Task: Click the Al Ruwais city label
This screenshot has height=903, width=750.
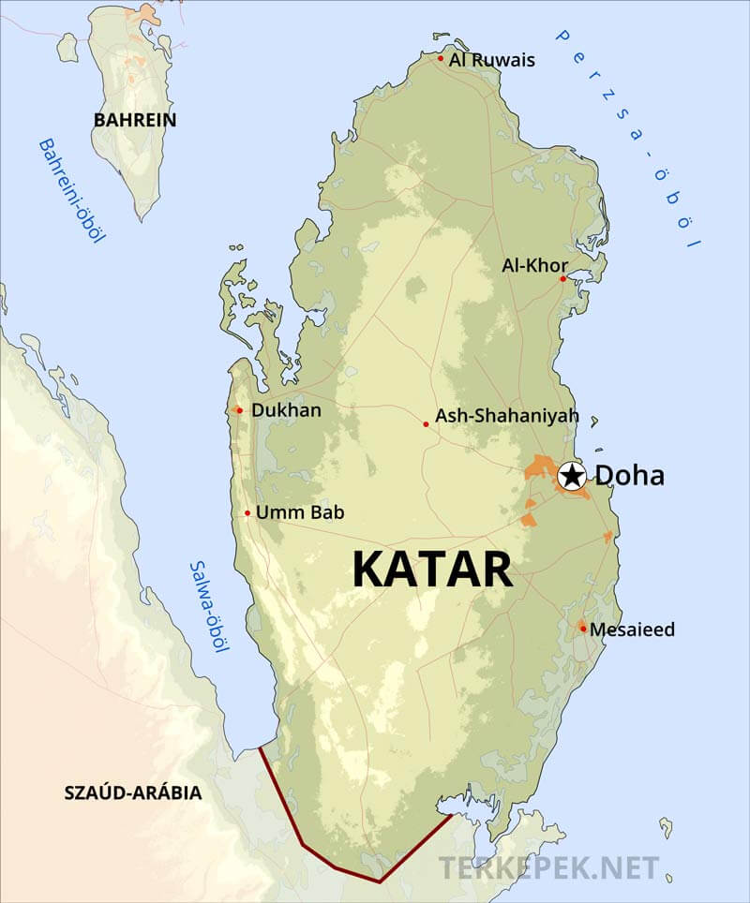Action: (492, 60)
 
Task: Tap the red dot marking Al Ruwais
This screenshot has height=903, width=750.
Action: (441, 58)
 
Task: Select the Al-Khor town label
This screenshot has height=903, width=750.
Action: (534, 265)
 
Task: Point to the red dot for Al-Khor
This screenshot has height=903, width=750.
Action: (563, 278)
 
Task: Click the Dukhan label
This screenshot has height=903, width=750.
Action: (286, 410)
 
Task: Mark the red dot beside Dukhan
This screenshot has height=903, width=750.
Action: (240, 410)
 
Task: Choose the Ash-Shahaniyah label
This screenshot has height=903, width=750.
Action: (507, 415)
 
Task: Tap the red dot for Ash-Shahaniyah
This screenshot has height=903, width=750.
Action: (426, 424)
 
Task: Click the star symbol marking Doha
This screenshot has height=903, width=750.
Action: (571, 476)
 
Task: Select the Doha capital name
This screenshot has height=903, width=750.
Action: (630, 476)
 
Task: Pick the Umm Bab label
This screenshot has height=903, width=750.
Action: (300, 512)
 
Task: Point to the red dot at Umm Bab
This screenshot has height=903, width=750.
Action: (247, 513)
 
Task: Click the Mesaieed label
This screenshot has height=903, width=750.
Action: (633, 629)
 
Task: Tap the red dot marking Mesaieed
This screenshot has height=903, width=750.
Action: (582, 629)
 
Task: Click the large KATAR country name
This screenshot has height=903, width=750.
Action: (432, 570)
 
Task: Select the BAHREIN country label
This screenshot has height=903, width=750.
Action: (135, 120)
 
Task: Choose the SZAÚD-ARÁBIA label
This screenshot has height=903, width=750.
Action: (132, 792)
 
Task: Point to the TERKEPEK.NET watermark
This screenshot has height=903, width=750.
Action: (549, 867)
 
